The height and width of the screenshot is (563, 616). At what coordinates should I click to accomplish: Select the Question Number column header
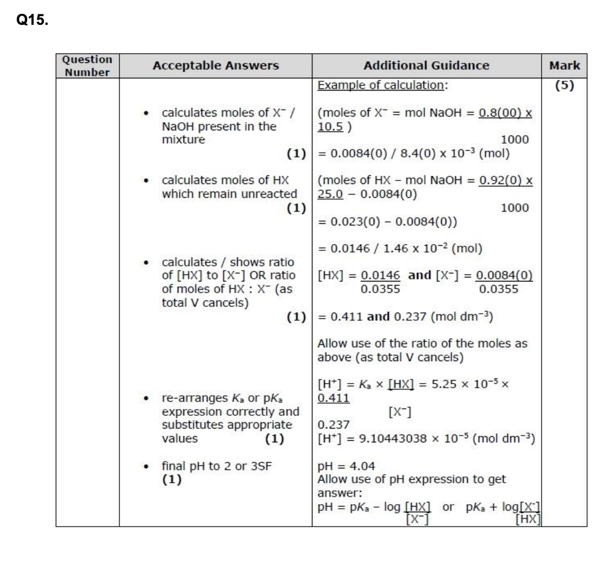pos(87,66)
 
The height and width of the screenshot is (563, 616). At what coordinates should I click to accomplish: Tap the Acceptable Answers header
pos(216,66)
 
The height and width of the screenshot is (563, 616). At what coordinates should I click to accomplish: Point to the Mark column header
pos(565,66)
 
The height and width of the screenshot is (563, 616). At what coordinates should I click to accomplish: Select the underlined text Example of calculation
pos(383,85)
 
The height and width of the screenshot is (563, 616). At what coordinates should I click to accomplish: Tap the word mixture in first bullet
pos(183,139)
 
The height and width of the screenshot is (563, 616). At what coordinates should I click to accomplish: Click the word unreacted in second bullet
pos(271,194)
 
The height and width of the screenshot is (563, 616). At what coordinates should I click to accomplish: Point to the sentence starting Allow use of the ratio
pos(422,344)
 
